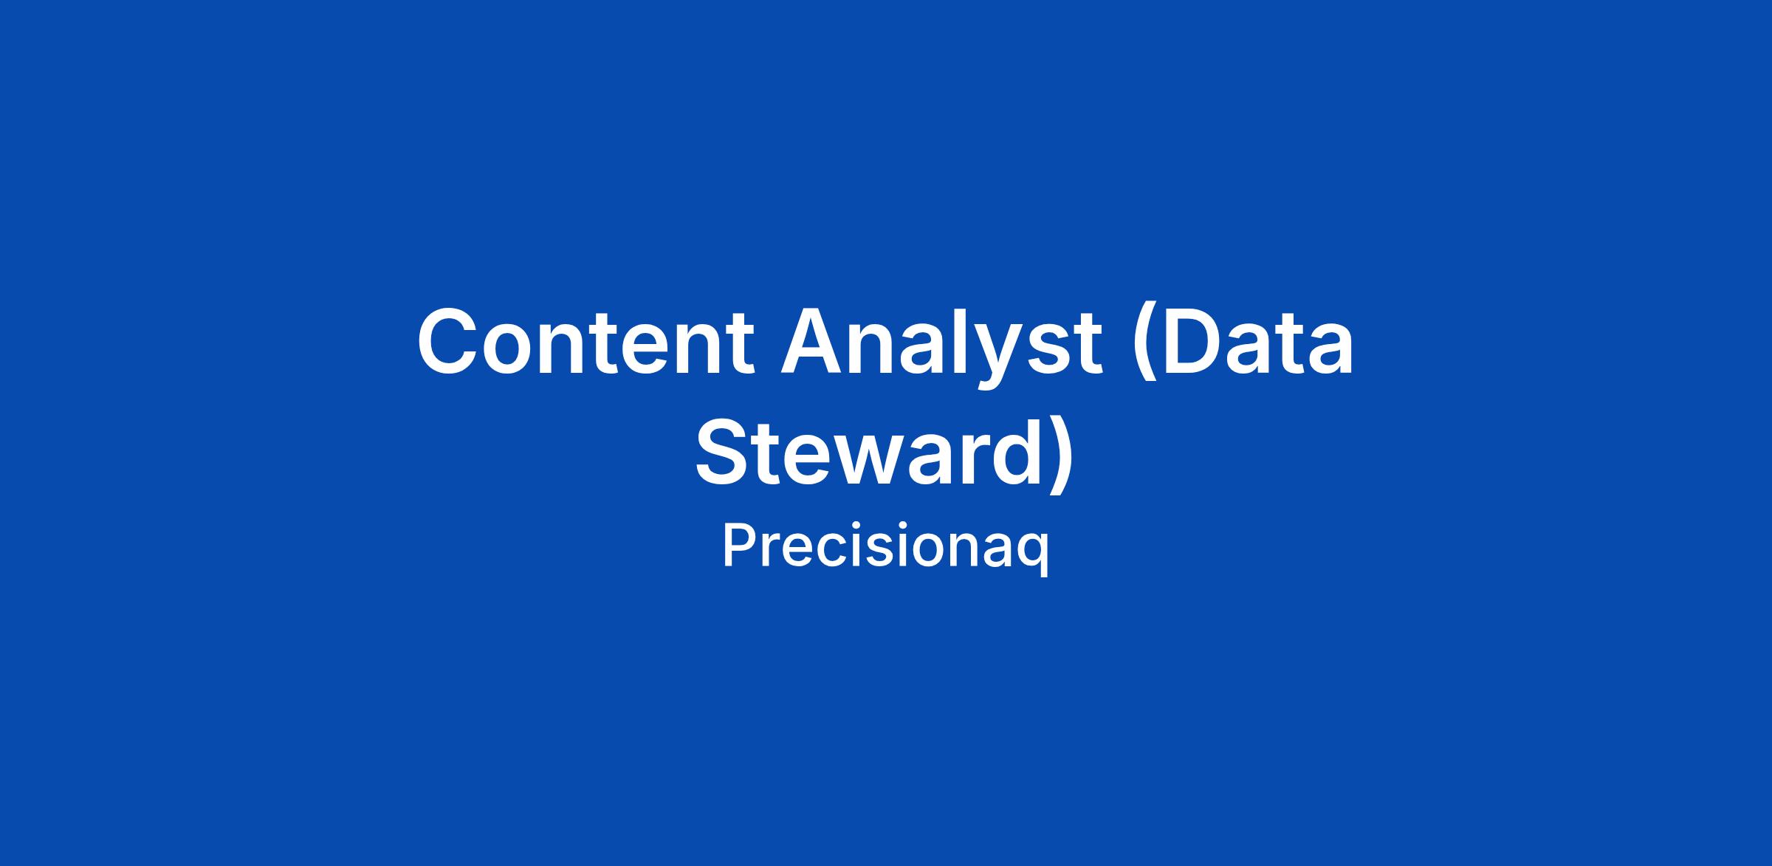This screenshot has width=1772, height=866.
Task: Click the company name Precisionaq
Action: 885,547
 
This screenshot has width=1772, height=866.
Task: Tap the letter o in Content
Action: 517,351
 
